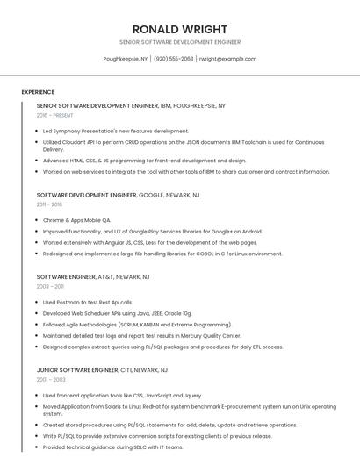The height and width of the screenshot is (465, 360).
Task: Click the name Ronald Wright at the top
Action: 180,29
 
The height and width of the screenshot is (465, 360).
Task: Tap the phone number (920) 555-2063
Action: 173,59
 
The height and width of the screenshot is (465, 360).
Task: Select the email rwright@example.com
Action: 227,59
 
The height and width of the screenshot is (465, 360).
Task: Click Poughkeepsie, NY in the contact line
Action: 126,59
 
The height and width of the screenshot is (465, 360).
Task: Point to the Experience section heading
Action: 38,92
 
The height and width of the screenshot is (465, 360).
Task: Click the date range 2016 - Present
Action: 54,115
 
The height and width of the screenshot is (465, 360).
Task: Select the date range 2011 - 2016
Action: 50,204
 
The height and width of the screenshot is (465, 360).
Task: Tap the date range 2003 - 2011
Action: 50,286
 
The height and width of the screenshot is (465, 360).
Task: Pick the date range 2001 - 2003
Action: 50,380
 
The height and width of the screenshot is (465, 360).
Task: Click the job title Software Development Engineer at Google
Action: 86,195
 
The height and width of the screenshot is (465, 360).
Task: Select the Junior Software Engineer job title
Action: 77,370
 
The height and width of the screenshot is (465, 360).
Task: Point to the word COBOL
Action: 208,254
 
